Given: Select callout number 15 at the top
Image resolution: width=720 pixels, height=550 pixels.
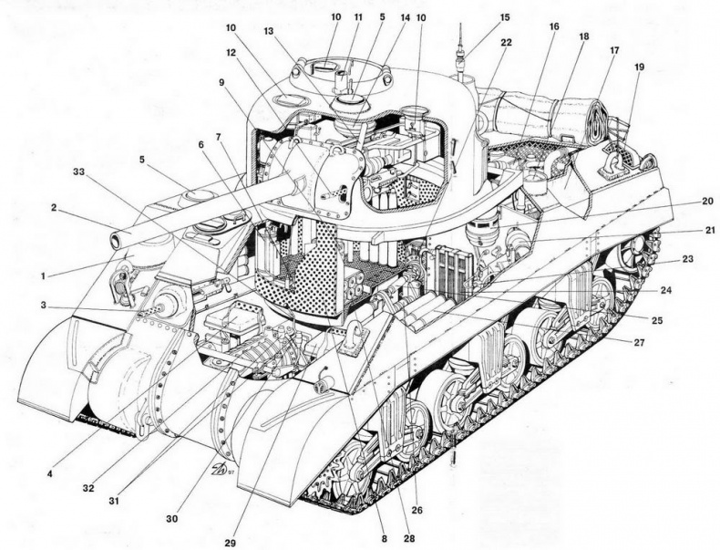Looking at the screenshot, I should pos(505,17).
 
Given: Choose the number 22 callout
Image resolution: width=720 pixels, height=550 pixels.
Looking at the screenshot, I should pos(505,42).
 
